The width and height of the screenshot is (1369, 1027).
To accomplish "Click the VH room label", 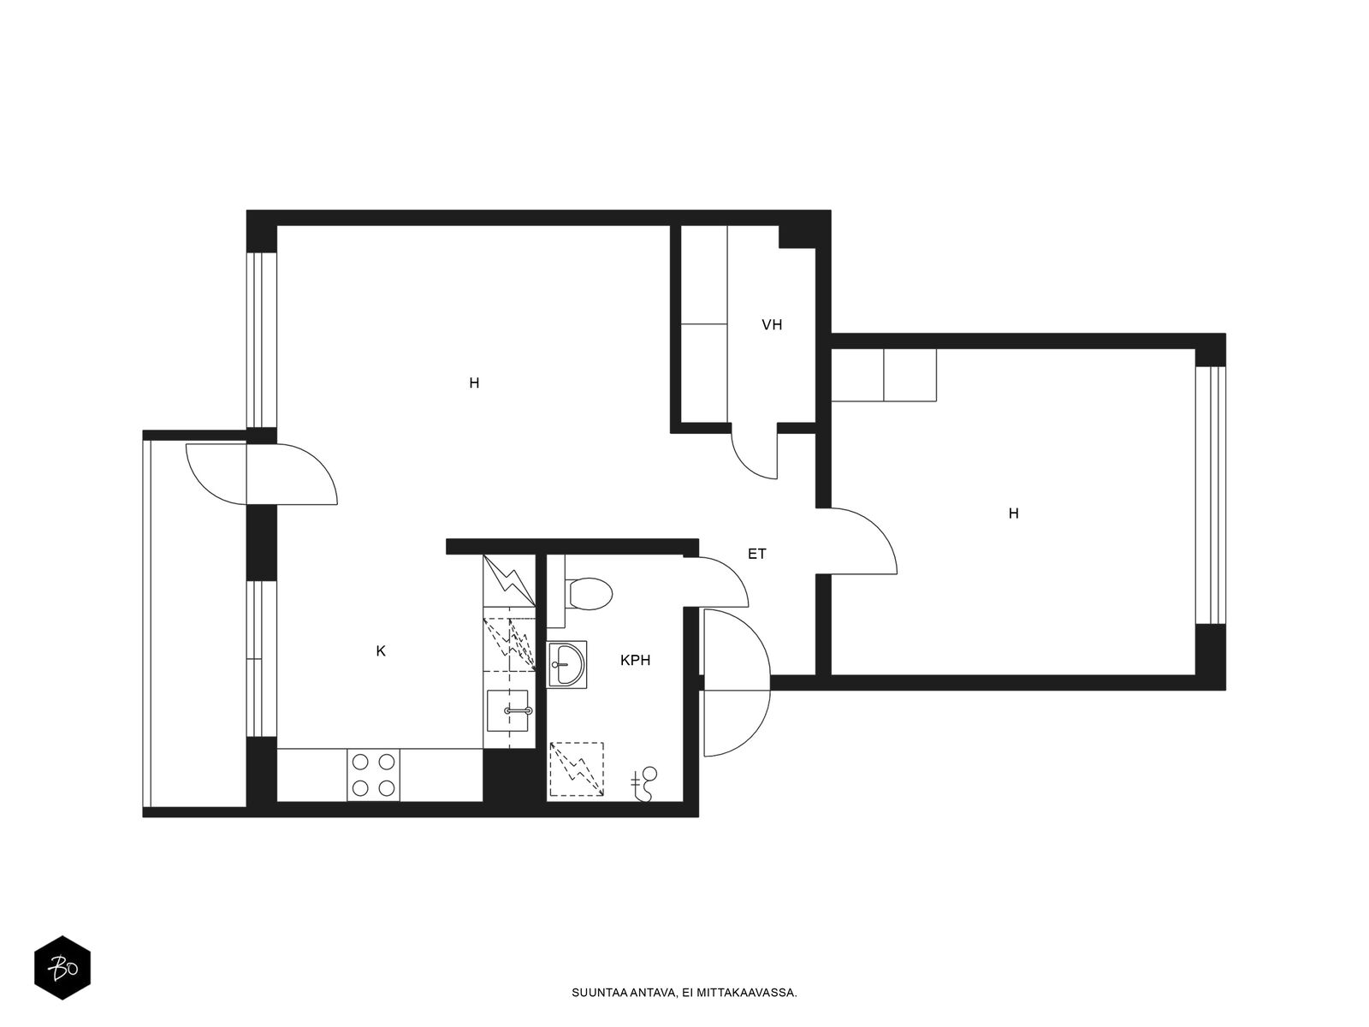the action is [772, 325].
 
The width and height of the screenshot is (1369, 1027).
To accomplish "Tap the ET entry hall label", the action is [756, 554].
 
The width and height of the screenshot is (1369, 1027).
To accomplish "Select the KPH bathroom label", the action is [635, 660].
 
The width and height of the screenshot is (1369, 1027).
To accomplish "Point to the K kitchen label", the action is [381, 651].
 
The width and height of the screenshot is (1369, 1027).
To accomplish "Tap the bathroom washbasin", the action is [567, 665].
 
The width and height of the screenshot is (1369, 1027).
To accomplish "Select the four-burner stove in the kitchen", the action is [373, 775].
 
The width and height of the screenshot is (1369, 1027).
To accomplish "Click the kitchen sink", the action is [507, 710].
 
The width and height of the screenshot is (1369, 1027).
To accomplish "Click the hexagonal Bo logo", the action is [62, 968].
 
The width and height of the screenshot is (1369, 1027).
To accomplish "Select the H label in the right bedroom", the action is [1014, 513].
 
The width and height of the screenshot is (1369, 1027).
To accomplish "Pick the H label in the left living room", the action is [474, 383].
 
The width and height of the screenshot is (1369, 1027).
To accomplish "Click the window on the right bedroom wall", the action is [1211, 496].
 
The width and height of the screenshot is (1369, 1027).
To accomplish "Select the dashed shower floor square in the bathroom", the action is [576, 769].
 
